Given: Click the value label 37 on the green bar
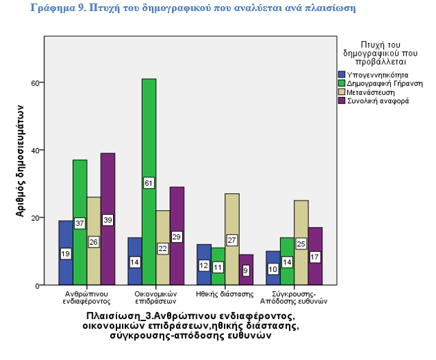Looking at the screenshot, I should [x=80, y=223].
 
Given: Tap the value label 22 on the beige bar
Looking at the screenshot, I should [x=163, y=248].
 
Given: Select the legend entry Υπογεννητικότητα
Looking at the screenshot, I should [x=375, y=74].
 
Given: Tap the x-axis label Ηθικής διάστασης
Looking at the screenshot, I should [x=225, y=293].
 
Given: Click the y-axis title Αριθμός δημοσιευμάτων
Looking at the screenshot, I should [x=21, y=160].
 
